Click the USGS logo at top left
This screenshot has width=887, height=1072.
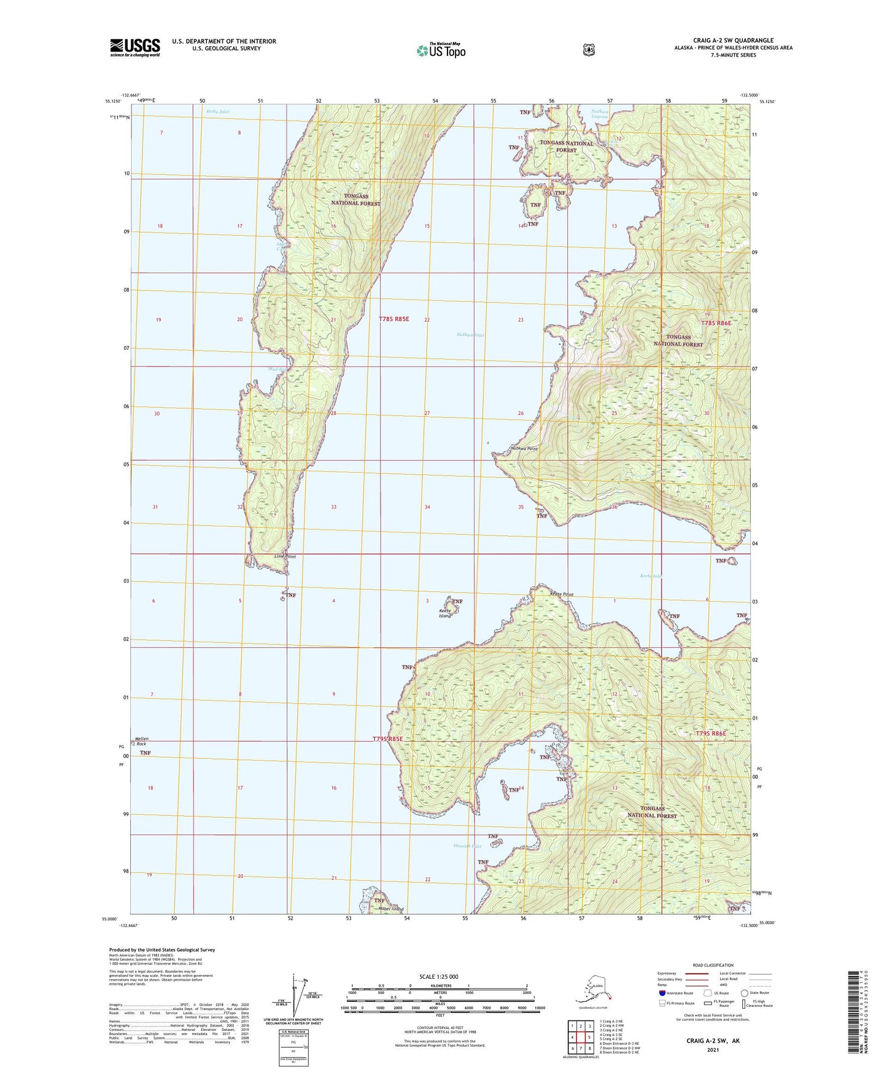click(135, 47)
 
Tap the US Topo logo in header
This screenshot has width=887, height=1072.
click(440, 50)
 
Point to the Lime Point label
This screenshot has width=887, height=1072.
click(285, 557)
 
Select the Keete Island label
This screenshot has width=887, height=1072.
click(446, 613)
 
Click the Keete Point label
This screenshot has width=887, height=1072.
click(561, 594)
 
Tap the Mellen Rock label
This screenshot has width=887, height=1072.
click(142, 741)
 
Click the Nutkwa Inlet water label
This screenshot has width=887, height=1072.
click(471, 335)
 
